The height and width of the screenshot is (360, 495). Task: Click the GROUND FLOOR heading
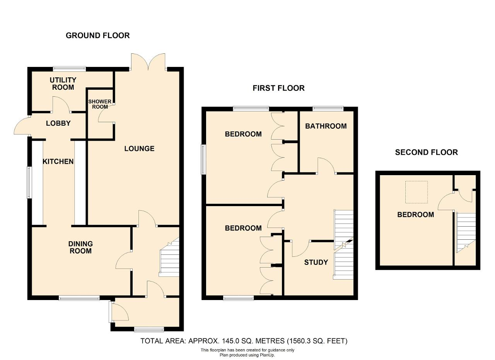click(98, 36)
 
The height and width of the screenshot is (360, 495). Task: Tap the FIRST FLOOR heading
click(279, 88)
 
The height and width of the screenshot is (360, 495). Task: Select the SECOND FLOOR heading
click(427, 152)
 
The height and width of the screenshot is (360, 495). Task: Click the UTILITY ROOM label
click(63, 84)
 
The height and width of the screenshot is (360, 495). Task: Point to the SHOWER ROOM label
click(100, 104)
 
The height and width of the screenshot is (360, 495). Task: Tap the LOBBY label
click(58, 123)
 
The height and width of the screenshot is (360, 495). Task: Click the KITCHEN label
click(58, 162)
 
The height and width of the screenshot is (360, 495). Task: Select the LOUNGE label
click(140, 148)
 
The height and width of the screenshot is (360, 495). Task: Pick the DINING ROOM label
click(80, 247)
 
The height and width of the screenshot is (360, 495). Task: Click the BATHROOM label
click(326, 126)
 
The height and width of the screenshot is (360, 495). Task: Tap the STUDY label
click(316, 262)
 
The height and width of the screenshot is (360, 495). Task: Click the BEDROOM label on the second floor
click(416, 215)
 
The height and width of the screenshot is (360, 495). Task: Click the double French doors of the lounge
click(148, 62)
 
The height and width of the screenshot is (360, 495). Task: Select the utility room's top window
click(69, 69)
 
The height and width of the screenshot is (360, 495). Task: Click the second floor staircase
click(466, 233)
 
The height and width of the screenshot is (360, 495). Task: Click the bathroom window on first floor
click(328, 109)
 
